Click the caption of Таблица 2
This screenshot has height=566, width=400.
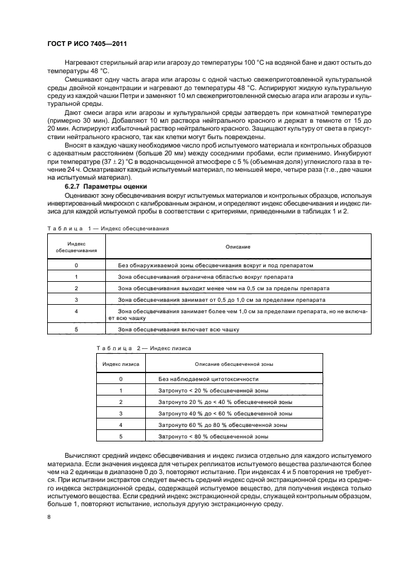(x=144, y=348)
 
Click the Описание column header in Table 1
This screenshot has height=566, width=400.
(x=238, y=247)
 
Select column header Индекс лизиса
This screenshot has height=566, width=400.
(x=121, y=365)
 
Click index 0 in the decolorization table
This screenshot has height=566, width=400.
(x=76, y=265)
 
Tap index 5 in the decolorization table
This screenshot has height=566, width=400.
(x=76, y=330)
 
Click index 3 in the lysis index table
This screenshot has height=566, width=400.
(x=121, y=414)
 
